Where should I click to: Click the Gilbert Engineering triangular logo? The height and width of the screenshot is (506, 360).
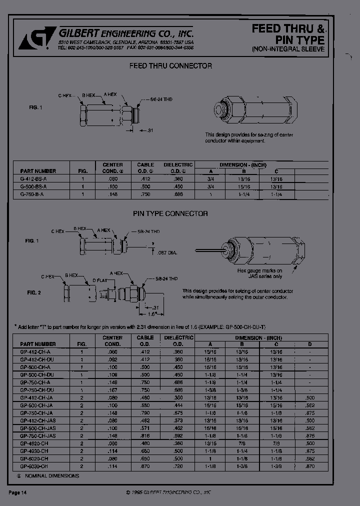[x=30, y=38]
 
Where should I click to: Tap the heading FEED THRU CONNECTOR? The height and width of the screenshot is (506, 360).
[x=170, y=66]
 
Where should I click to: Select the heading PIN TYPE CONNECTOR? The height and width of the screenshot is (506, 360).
[x=170, y=213]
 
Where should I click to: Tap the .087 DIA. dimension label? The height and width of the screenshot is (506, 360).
[x=167, y=252]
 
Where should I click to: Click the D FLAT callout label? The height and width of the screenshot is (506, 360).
[x=100, y=282]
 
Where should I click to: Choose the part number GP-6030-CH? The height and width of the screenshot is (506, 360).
[x=34, y=465]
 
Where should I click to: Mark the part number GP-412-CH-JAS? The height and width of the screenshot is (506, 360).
[x=38, y=421]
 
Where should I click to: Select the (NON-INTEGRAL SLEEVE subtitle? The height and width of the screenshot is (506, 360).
[x=288, y=49]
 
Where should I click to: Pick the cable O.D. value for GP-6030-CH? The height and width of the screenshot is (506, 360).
[x=145, y=465]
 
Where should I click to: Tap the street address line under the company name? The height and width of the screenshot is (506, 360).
[x=125, y=43]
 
